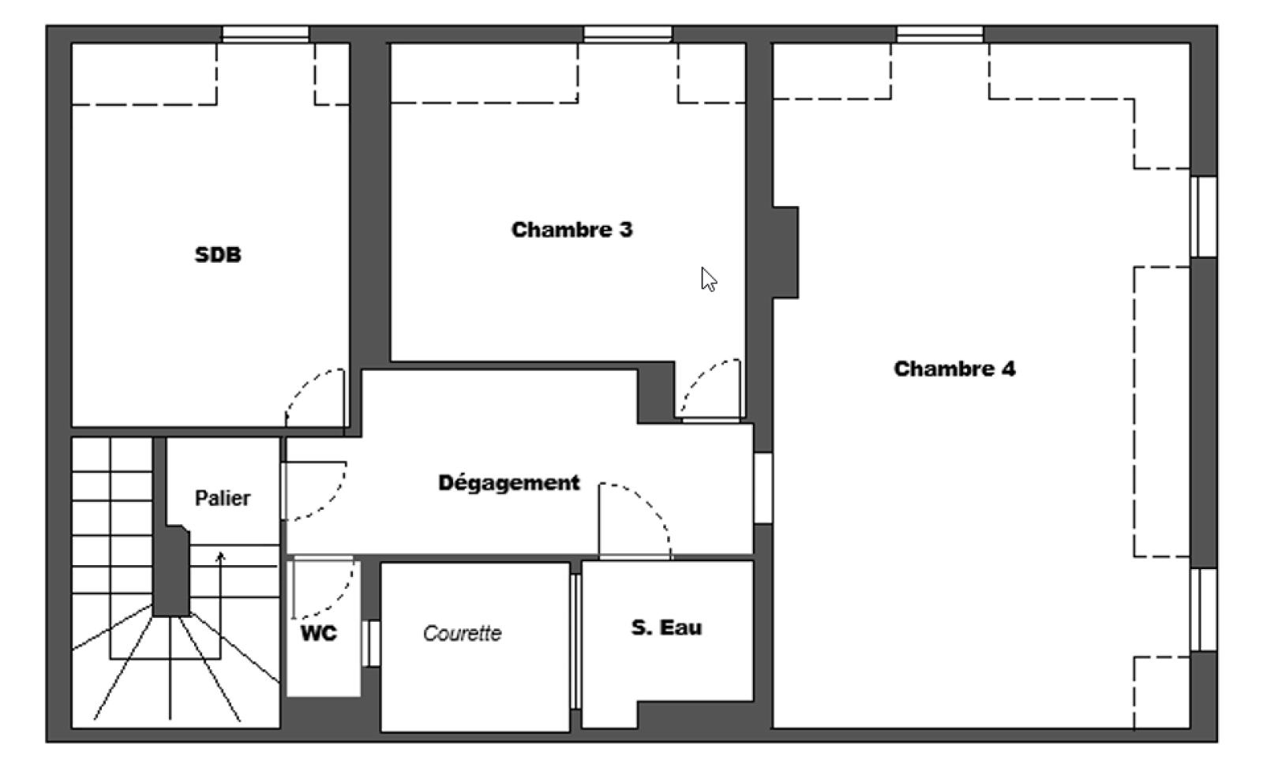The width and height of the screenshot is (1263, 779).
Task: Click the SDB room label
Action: click(218, 255)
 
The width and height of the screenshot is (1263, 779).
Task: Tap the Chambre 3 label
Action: click(572, 230)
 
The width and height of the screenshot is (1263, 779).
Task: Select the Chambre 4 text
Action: click(954, 369)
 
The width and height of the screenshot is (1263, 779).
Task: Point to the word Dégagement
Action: click(509, 483)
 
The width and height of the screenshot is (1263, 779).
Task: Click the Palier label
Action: click(222, 498)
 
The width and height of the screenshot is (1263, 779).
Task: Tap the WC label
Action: click(319, 633)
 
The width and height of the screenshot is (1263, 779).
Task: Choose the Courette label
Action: click(463, 634)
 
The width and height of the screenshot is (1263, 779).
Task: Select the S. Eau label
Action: click(666, 627)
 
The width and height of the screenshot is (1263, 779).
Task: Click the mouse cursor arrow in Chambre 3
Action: click(708, 279)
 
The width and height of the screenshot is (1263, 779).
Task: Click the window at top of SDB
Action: click(265, 34)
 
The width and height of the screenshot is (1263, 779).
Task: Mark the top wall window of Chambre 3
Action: click(628, 34)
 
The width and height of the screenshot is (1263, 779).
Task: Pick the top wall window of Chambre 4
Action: click(940, 34)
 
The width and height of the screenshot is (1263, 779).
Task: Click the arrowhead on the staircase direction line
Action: click(220, 556)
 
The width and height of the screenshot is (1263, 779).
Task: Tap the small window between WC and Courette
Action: click(371, 643)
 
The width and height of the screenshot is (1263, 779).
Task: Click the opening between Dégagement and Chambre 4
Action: click(763, 488)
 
